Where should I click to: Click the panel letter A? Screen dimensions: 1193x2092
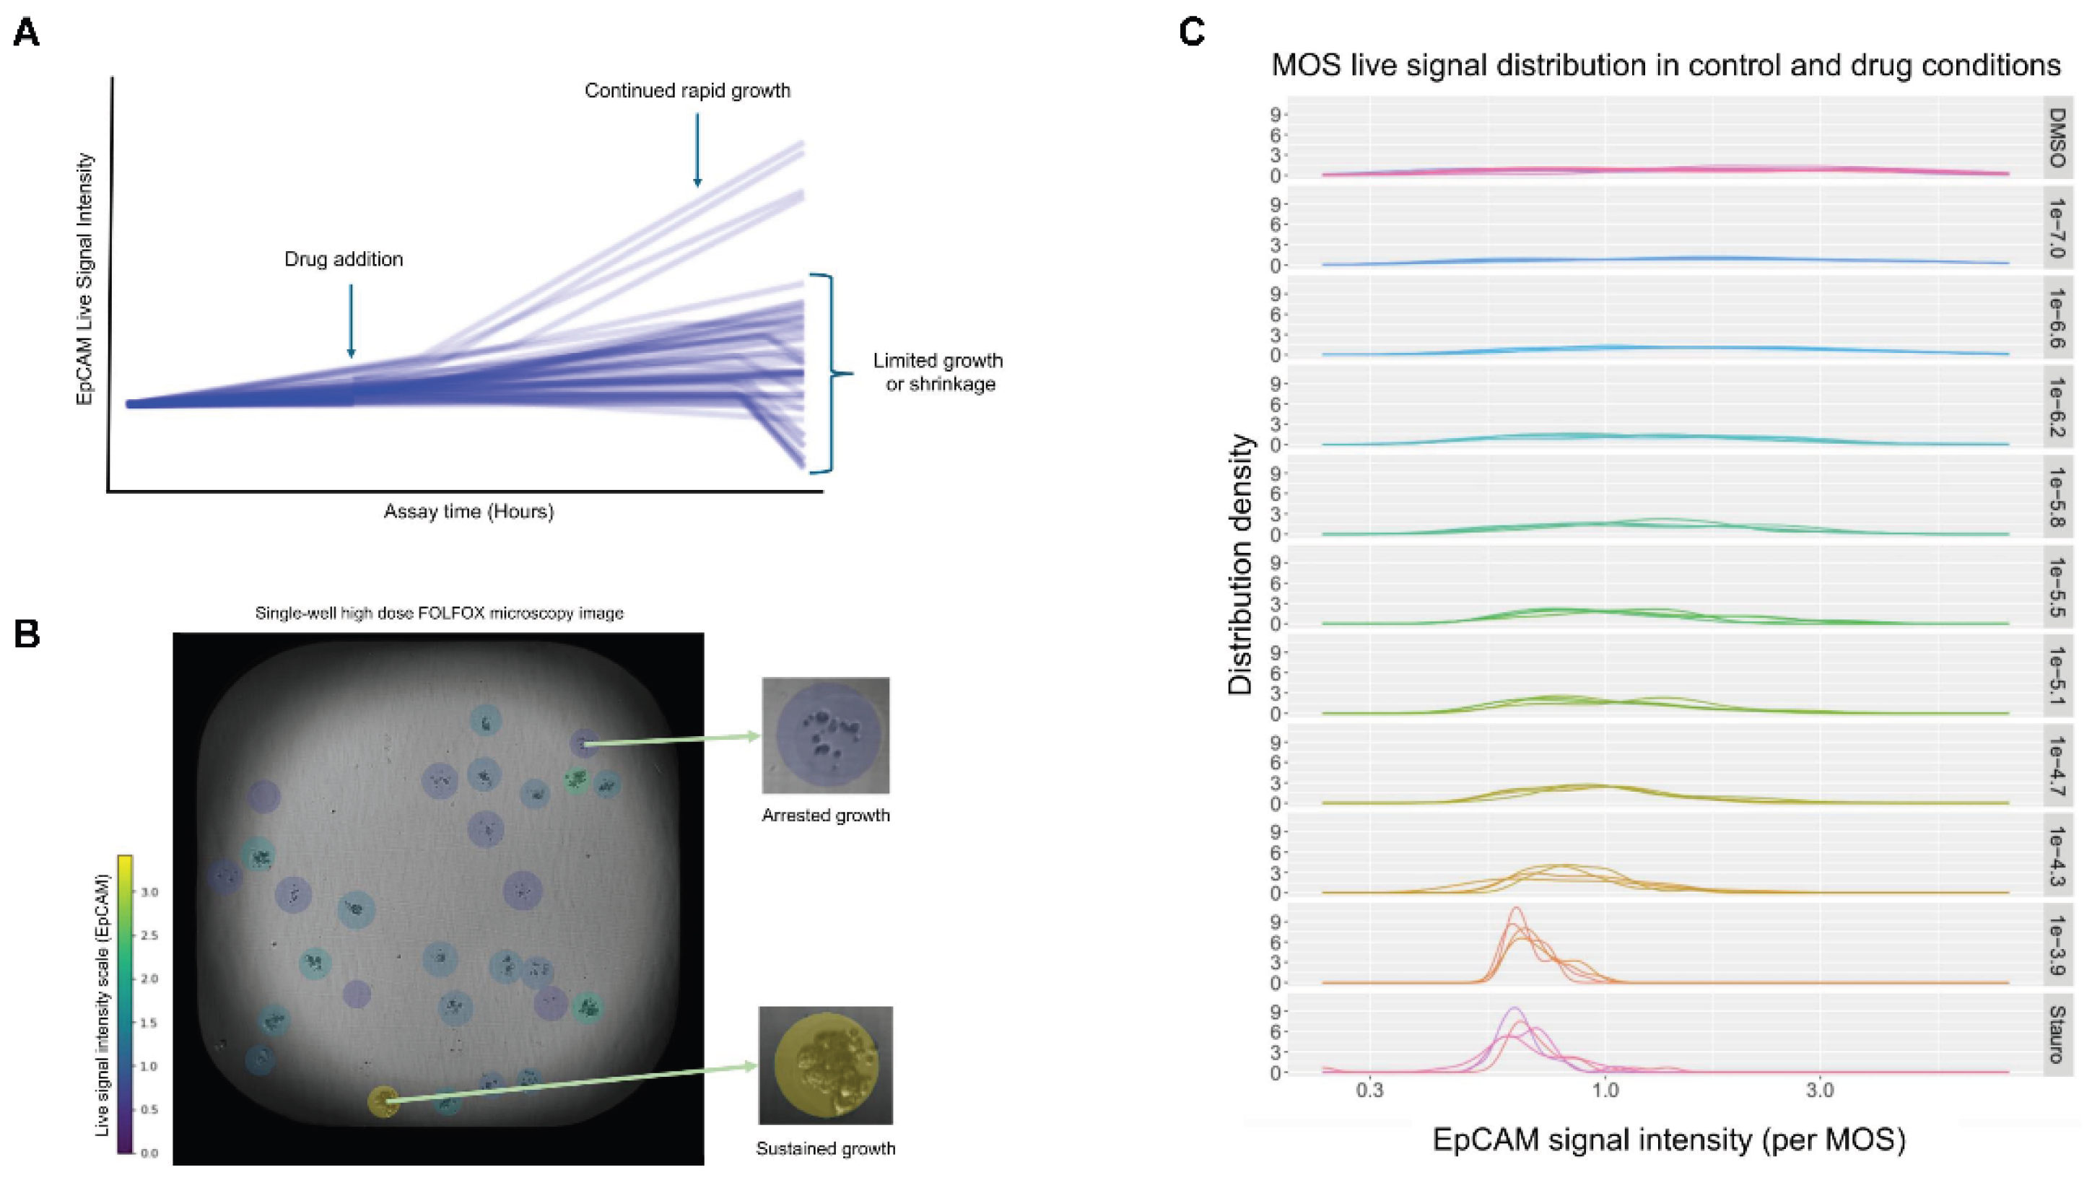point(26,34)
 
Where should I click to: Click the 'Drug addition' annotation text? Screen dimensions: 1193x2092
point(344,259)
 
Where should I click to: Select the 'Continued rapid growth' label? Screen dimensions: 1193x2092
point(687,91)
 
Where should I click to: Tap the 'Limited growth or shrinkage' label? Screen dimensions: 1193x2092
point(939,372)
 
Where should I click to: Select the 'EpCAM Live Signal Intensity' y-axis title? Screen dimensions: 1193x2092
point(84,279)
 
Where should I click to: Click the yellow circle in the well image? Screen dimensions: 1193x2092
point(383,1101)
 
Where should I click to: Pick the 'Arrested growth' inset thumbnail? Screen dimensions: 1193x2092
point(825,735)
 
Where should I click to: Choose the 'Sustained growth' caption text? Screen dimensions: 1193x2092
point(825,1149)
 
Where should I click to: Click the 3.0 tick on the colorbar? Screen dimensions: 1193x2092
point(149,892)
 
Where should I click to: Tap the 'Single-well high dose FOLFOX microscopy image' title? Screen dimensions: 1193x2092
point(439,613)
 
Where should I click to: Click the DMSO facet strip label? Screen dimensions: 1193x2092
point(2057,138)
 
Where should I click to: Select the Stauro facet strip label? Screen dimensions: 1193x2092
point(2057,1034)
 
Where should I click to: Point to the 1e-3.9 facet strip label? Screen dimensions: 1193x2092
point(2057,945)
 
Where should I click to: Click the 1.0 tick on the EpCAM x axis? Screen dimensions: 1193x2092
point(1605,1091)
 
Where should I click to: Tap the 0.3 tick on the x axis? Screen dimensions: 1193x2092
point(1369,1091)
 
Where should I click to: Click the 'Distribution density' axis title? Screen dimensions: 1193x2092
point(1241,565)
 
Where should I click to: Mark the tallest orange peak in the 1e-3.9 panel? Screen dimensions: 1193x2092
point(1516,909)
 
